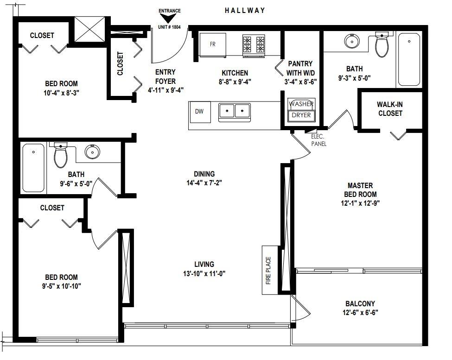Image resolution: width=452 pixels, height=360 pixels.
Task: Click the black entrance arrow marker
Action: click(x=168, y=19)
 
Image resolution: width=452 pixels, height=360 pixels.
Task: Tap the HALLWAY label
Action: click(x=245, y=11)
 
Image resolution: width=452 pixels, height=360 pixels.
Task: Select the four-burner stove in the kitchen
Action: click(x=254, y=46)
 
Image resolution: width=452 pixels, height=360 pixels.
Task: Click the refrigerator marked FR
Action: click(x=213, y=45)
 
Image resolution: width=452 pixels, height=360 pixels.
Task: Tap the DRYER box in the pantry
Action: click(x=301, y=115)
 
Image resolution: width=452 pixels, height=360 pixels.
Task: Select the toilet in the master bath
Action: click(x=382, y=44)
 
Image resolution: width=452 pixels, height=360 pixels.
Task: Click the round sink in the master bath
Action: click(x=352, y=41)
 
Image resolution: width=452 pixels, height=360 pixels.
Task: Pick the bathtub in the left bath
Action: click(x=33, y=168)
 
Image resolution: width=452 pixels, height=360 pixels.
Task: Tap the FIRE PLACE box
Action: click(x=270, y=270)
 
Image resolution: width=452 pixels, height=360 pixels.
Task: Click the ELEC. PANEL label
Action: click(x=318, y=140)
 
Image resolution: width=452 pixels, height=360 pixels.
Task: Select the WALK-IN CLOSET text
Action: click(x=390, y=109)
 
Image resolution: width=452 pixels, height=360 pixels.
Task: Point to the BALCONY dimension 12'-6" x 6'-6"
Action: click(x=360, y=312)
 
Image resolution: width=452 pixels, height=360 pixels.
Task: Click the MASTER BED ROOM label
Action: click(x=360, y=190)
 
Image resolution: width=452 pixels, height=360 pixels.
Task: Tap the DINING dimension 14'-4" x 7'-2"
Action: click(x=204, y=183)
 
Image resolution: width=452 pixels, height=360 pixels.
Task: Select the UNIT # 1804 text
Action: click(x=169, y=27)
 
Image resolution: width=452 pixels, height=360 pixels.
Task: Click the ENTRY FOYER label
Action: click(x=166, y=76)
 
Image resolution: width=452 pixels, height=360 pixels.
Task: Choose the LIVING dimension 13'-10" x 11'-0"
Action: click(x=204, y=274)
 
